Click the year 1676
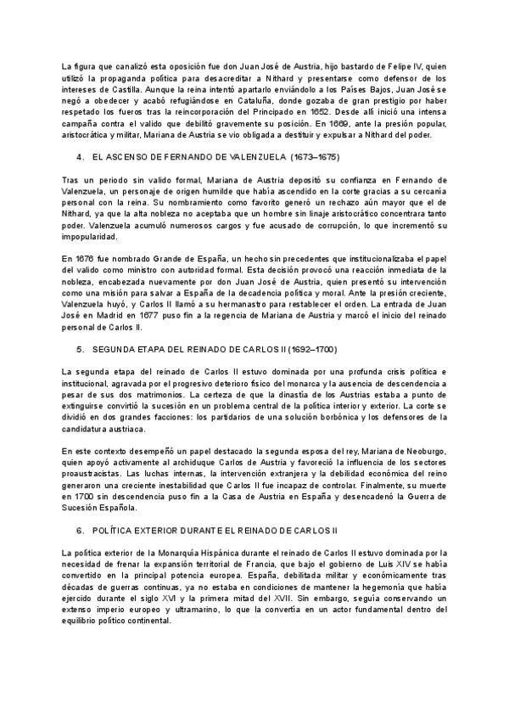coord(83,256)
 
